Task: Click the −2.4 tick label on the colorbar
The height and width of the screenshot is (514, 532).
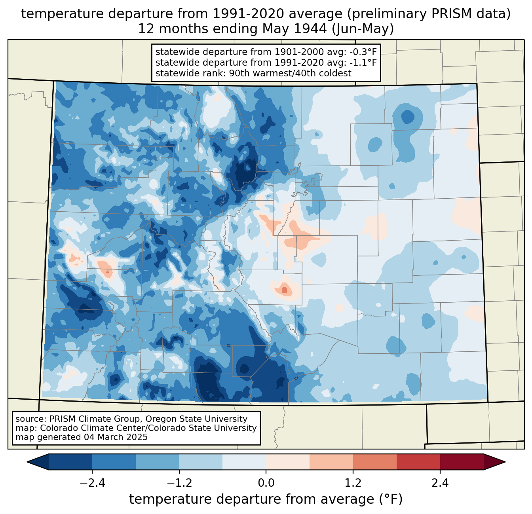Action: tap(92, 483)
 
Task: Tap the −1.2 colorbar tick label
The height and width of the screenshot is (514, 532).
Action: tap(179, 483)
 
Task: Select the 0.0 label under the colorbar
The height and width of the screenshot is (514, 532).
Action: tap(266, 483)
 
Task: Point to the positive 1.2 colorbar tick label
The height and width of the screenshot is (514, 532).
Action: tap(353, 483)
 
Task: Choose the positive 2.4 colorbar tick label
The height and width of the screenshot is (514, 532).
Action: tap(440, 483)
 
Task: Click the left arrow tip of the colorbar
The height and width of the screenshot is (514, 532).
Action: tap(27, 462)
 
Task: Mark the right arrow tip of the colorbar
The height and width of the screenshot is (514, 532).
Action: tap(505, 462)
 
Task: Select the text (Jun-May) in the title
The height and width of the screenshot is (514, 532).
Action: tap(363, 29)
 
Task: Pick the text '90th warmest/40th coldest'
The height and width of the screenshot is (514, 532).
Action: tap(290, 73)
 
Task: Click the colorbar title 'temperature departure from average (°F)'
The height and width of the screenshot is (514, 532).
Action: tap(266, 499)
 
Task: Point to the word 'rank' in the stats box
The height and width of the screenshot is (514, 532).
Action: tap(217, 73)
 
